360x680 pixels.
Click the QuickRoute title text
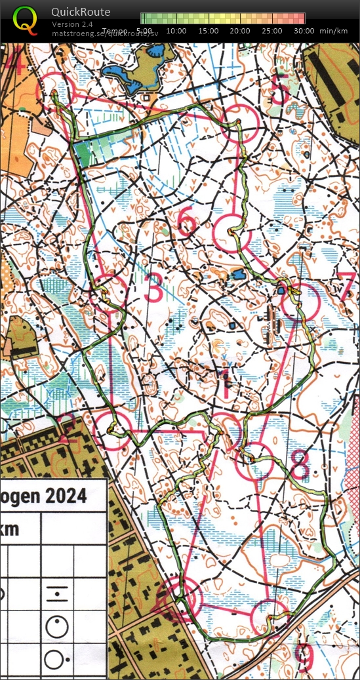click(x=81, y=12)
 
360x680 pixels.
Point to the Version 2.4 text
click(x=73, y=24)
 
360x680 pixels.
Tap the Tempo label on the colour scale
click(x=115, y=31)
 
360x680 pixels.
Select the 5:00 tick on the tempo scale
click(x=145, y=31)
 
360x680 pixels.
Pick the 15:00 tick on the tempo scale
click(x=208, y=31)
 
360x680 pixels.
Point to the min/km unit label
click(x=333, y=31)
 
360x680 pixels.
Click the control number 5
click(x=279, y=90)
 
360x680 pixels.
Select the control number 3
click(x=153, y=289)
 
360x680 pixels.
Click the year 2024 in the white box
click(x=66, y=496)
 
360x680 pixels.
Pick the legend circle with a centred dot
click(x=57, y=627)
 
